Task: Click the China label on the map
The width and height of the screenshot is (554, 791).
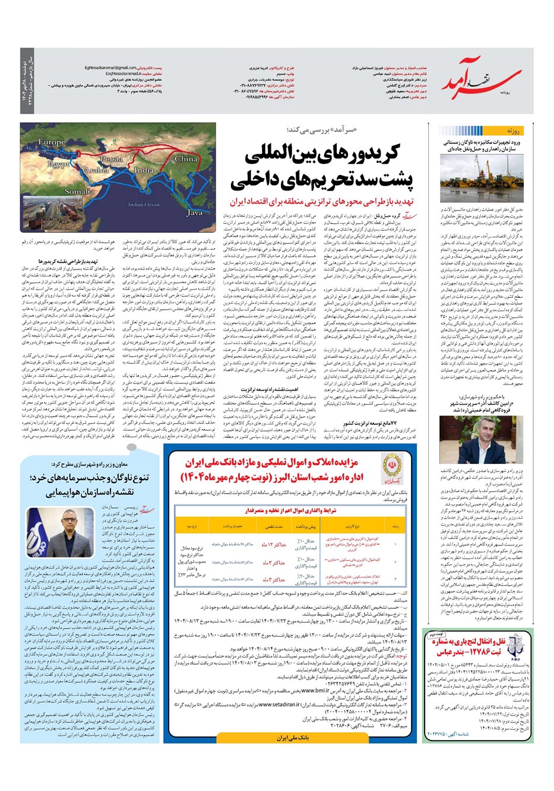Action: pos(185,159)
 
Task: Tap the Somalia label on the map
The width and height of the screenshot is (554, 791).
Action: pos(79,191)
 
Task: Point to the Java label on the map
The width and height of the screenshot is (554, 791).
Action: pos(194,212)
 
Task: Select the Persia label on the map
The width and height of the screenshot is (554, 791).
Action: pos(111,160)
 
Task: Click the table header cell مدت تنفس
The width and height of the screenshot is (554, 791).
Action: pos(274,526)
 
